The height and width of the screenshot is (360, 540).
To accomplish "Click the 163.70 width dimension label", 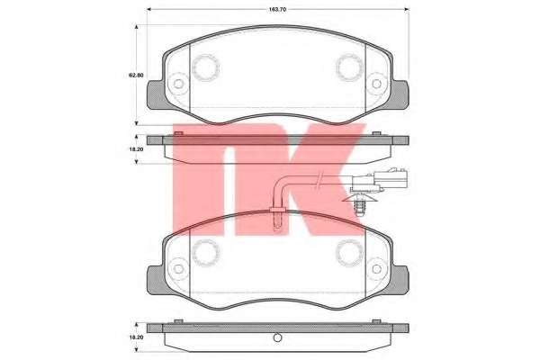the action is pos(277,10).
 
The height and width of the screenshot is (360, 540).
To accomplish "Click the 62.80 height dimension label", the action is pos(136,75).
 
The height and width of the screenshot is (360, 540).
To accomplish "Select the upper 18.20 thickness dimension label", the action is pos(136,149).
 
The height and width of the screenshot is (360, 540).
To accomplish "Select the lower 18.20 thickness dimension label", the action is pos(136,337).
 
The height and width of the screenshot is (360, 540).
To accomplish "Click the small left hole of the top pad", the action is pos(178,84).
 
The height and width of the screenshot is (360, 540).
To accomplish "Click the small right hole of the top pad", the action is pos(377,84).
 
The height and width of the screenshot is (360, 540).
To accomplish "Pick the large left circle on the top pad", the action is pos(205,67).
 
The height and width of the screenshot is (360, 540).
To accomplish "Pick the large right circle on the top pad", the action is pos(349,67).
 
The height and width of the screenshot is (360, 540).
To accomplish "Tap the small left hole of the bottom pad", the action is pos(178,269).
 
